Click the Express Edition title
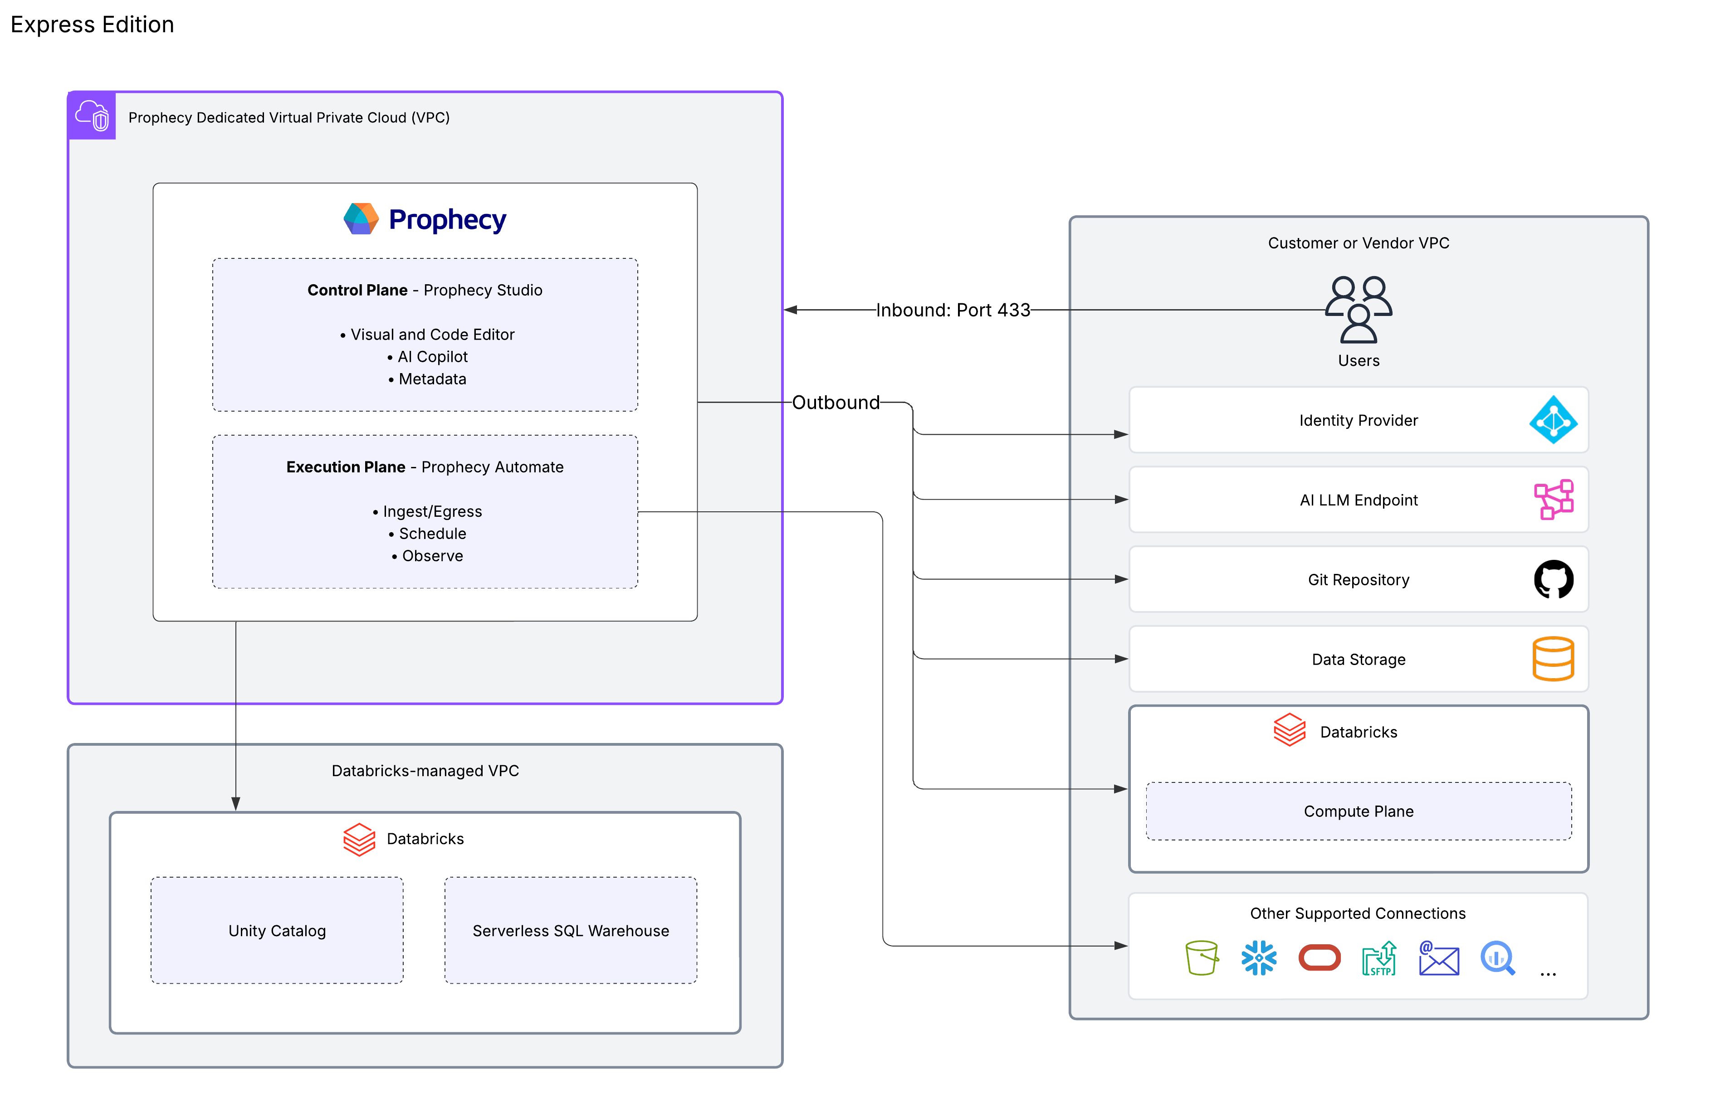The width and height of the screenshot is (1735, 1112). pyautogui.click(x=93, y=24)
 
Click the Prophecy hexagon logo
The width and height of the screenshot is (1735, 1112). pyautogui.click(x=361, y=219)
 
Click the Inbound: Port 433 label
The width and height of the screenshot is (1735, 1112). pyautogui.click(x=952, y=310)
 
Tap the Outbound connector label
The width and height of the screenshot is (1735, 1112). pyautogui.click(x=836, y=402)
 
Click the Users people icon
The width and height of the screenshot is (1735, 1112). pyautogui.click(x=1358, y=309)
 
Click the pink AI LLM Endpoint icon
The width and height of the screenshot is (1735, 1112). pyautogui.click(x=1553, y=500)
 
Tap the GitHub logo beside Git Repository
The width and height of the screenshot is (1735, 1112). pyautogui.click(x=1553, y=579)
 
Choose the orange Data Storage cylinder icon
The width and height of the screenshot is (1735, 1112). pyautogui.click(x=1553, y=659)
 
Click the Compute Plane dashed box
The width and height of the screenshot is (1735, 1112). pyautogui.click(x=1358, y=811)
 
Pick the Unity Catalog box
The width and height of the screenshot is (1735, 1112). pyautogui.click(x=277, y=930)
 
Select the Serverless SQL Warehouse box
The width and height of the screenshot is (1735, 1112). pyautogui.click(x=571, y=930)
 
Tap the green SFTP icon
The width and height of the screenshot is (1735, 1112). pyautogui.click(x=1379, y=958)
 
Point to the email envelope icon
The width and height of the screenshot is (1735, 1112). pyautogui.click(x=1438, y=959)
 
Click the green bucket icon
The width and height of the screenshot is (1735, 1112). pyautogui.click(x=1201, y=958)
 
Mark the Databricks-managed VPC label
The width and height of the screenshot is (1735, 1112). pyautogui.click(x=425, y=771)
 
